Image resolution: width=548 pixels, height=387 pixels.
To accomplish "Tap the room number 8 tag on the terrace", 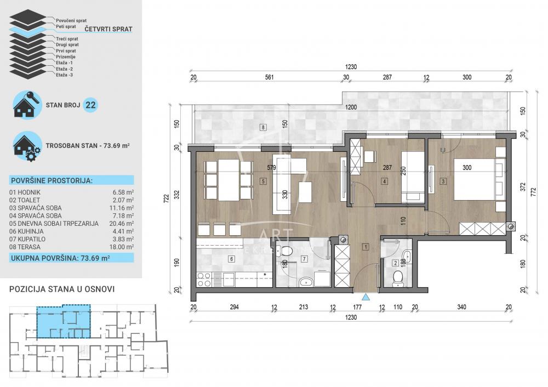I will click(264, 128).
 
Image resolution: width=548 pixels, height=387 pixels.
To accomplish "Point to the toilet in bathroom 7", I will click(286, 252).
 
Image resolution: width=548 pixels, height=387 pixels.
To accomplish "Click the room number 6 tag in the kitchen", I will click(231, 259).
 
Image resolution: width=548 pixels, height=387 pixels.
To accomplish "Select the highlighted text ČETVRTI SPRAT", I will click(107, 29).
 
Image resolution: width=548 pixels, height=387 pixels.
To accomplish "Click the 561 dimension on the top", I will click(269, 77).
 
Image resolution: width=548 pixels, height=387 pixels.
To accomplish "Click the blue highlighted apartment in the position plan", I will click(61, 323).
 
